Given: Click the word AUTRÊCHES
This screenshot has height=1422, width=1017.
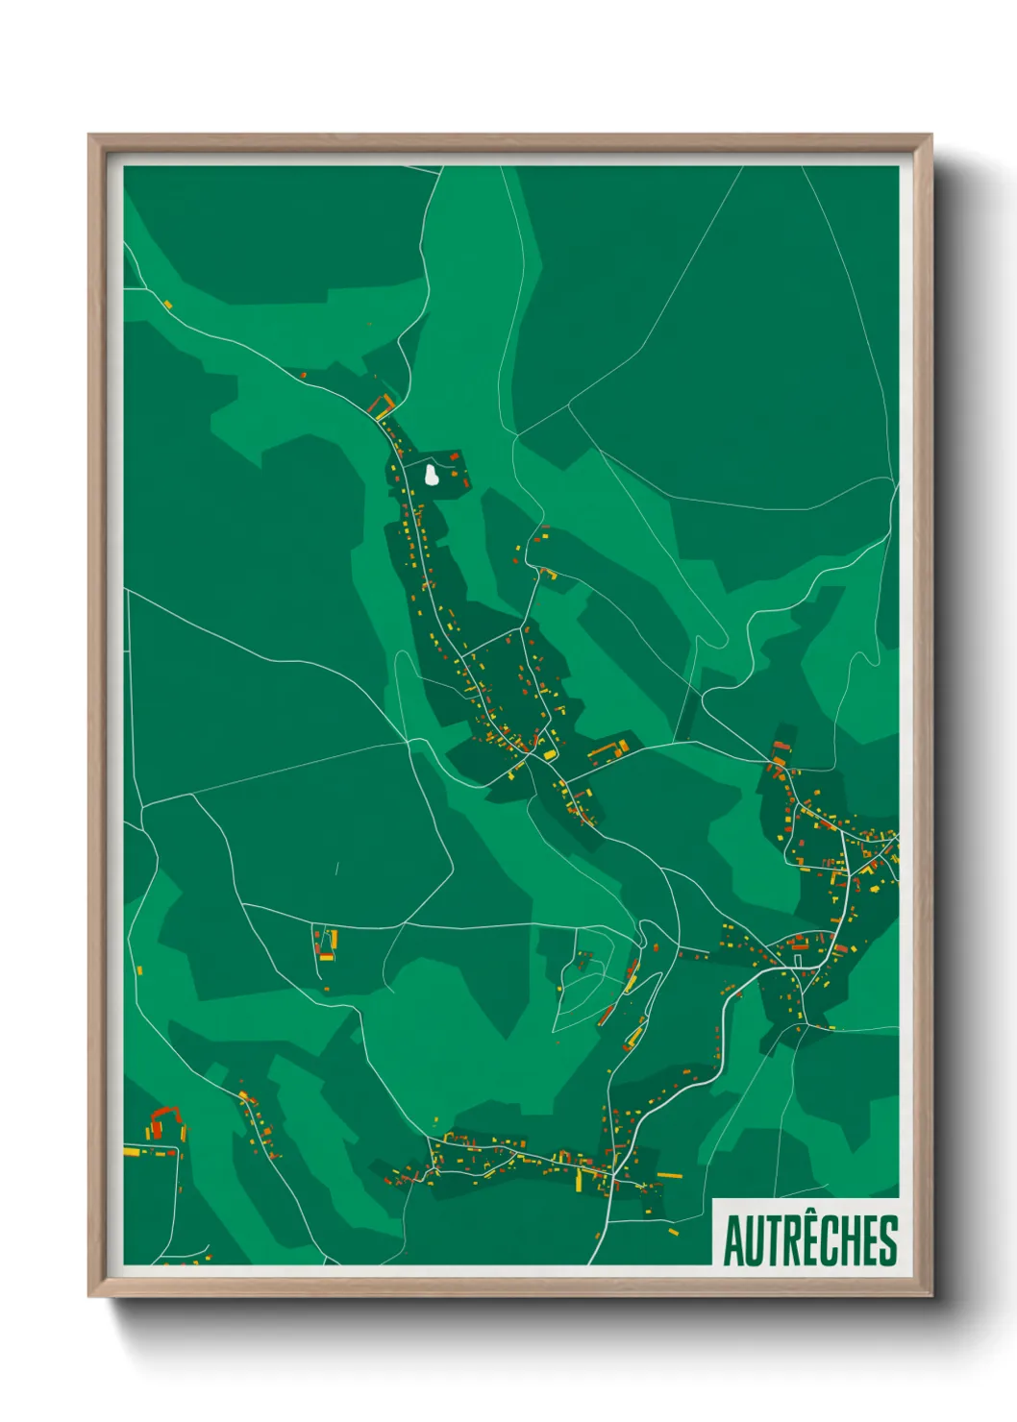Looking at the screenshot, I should [810, 1240].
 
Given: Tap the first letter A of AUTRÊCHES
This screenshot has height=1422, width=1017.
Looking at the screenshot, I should [733, 1241].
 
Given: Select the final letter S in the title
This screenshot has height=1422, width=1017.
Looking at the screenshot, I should [889, 1241].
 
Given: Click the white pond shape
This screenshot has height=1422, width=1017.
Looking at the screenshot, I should [432, 475].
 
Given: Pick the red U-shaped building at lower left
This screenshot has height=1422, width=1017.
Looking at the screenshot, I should [163, 1119].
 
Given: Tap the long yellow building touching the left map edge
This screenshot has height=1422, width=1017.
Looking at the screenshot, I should [132, 1151].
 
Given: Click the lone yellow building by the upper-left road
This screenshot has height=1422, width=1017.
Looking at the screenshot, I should [168, 305].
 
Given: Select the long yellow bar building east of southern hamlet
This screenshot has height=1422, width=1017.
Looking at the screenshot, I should [670, 1175].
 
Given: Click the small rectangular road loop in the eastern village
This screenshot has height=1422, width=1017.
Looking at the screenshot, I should [797, 959].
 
